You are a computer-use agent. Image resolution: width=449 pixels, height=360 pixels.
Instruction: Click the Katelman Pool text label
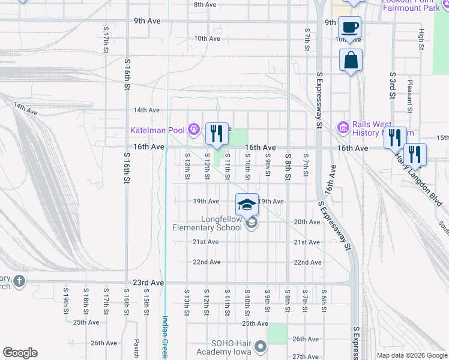tap(158, 130)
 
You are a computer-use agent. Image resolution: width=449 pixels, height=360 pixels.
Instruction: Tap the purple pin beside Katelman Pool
tap(193, 129)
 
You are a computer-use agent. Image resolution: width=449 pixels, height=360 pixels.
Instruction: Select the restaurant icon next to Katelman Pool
tap(217, 133)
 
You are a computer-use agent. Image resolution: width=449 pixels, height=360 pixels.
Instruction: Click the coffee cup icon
tap(350, 27)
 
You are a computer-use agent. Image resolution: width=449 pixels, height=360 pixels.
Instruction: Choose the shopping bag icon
tap(351, 60)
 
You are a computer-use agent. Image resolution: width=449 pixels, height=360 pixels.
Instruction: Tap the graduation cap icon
tap(247, 205)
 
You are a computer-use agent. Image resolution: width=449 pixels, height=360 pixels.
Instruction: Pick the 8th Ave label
tap(205, 4)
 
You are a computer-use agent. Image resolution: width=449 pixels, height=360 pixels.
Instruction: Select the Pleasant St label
tap(410, 97)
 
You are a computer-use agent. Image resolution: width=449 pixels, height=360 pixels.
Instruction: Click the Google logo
tap(20, 353)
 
